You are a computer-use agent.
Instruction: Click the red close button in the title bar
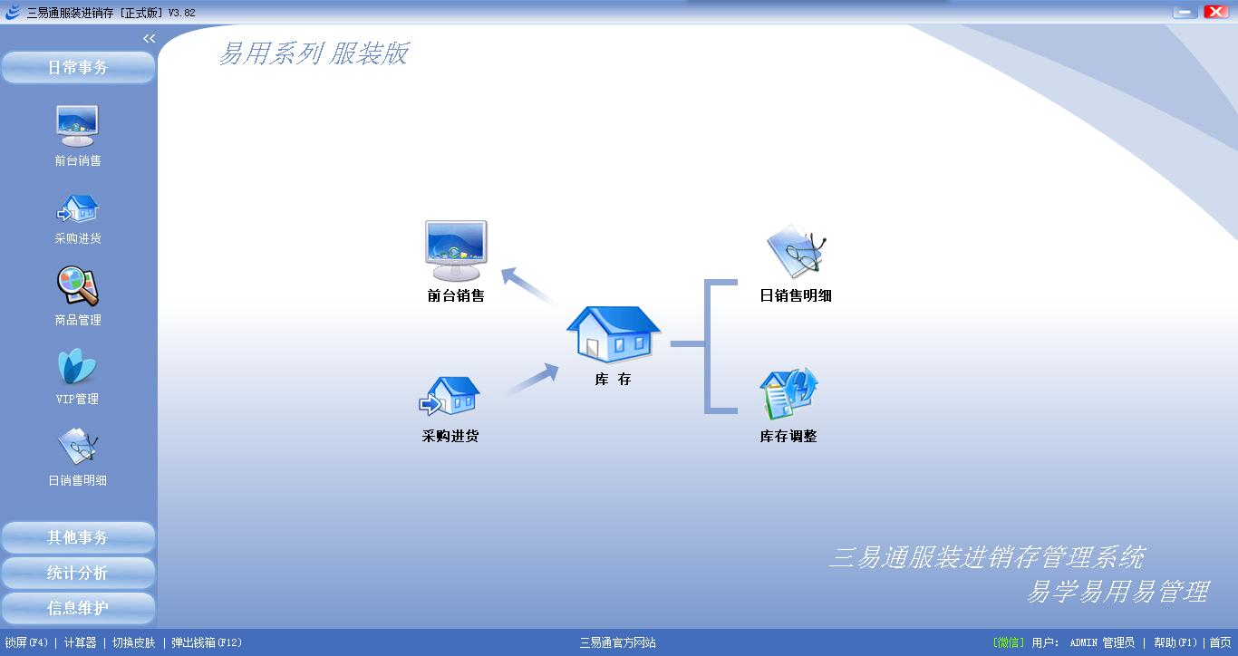click(1216, 12)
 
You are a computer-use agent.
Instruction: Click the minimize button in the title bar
click(1185, 12)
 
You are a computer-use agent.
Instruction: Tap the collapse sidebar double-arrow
click(150, 38)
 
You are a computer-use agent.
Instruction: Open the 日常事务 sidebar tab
click(78, 67)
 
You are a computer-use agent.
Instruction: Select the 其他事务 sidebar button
click(78, 537)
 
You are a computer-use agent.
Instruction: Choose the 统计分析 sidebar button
click(78, 573)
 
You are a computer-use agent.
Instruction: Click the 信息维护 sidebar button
click(78, 608)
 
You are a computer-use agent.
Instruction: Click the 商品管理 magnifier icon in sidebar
click(78, 285)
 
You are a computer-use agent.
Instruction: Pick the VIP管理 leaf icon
click(77, 366)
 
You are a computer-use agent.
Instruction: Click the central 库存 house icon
click(613, 333)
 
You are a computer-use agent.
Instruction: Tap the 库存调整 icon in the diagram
click(788, 393)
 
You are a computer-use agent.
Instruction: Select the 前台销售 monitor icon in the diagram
click(456, 250)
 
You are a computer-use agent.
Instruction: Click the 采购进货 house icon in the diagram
click(450, 396)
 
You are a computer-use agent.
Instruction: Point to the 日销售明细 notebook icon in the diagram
click(796, 252)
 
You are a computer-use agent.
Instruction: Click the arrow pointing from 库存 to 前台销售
click(527, 285)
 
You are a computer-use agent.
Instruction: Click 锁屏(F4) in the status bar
click(26, 642)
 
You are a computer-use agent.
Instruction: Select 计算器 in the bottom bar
click(80, 642)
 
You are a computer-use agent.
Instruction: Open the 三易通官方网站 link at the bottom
click(617, 642)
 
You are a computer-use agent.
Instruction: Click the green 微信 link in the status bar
click(1009, 642)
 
